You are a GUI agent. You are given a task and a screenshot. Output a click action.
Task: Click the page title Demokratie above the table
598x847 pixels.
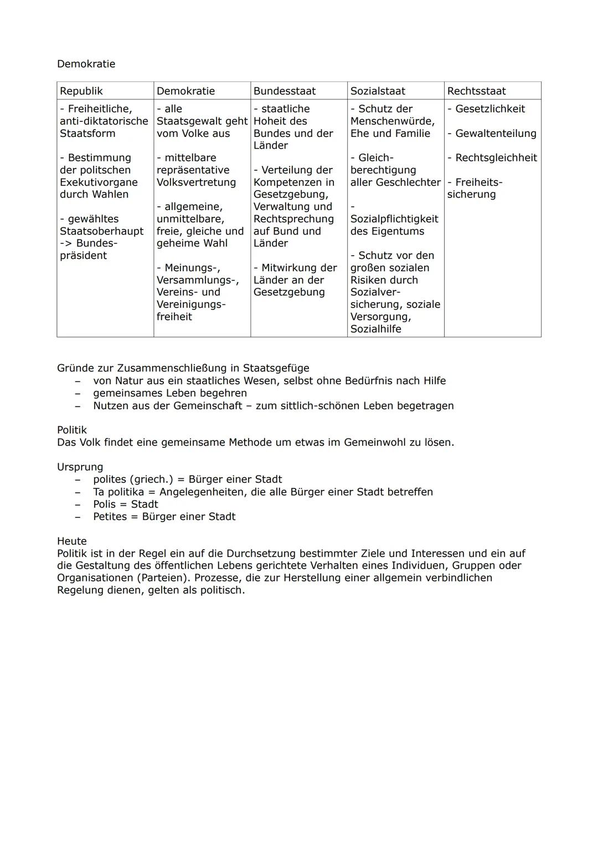[x=86, y=64]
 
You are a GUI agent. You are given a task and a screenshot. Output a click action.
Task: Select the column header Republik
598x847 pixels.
[x=81, y=91]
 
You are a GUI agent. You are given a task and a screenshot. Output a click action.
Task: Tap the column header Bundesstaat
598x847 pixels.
[x=285, y=91]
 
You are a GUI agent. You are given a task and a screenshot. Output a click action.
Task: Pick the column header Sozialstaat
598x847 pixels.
[x=378, y=91]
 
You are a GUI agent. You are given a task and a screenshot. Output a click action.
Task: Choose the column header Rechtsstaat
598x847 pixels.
[x=476, y=91]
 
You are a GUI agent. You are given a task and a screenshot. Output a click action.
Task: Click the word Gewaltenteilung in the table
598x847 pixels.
[x=496, y=134]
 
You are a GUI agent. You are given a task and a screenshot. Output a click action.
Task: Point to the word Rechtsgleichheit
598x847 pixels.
[x=496, y=158]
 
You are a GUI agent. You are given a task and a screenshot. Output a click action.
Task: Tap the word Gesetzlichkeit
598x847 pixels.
[x=490, y=109]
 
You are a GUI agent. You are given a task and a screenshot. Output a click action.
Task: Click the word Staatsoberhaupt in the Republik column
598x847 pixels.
[x=101, y=231]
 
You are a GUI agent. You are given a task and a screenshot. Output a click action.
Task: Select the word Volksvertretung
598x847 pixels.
[x=196, y=182]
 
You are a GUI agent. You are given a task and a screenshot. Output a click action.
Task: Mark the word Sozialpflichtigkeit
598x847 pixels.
[x=394, y=219]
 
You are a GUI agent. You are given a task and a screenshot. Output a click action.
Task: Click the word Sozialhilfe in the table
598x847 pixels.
[x=376, y=329]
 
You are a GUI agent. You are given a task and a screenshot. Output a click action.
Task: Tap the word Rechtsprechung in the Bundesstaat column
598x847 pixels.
[x=293, y=219]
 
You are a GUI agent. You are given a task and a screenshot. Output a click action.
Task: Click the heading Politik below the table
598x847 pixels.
[x=72, y=430]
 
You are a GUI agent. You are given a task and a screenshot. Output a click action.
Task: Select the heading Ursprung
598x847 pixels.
[x=80, y=467]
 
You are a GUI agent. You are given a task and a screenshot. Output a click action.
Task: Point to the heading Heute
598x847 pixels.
[x=72, y=541]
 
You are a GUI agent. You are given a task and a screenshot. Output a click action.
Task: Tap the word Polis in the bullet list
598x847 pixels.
[x=105, y=504]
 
